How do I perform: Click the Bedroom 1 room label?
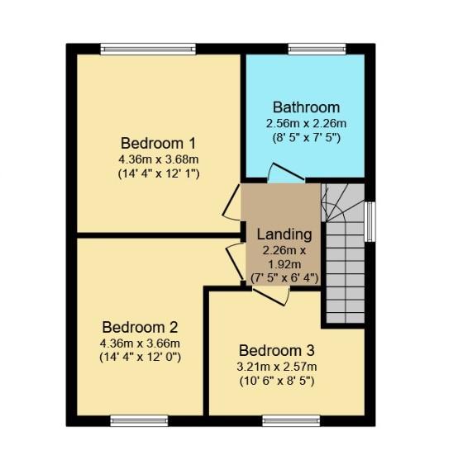[158, 144]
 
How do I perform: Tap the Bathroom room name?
[306, 107]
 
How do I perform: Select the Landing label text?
[284, 234]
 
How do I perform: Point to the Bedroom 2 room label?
[140, 327]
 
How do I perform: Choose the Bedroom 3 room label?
[276, 351]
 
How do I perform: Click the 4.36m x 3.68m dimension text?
[159, 159]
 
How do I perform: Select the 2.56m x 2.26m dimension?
[306, 124]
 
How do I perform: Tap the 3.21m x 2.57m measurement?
[276, 367]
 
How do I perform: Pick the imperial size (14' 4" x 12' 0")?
[140, 358]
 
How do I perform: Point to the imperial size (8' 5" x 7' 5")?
[306, 138]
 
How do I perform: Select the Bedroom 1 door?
[231, 202]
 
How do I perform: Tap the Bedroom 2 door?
[236, 262]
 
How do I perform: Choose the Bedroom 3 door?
[271, 296]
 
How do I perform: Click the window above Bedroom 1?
[148, 49]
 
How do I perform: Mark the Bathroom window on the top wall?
[317, 49]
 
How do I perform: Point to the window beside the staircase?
[370, 221]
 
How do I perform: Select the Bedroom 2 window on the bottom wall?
[139, 421]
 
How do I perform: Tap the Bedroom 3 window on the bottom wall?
[292, 421]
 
